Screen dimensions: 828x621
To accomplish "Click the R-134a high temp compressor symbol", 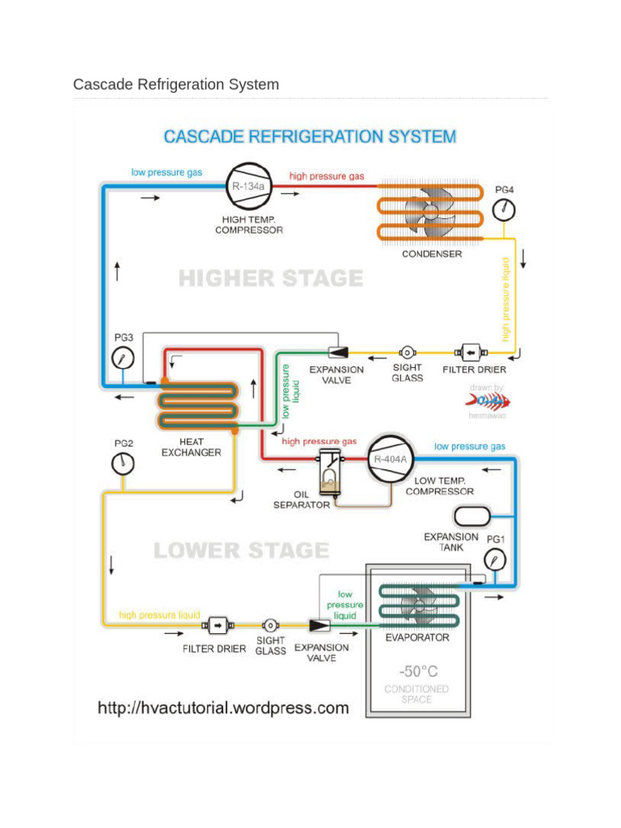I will coord(247,188).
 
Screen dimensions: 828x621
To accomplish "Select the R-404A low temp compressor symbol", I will coord(391,461).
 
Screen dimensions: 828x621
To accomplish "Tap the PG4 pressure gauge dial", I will coord(504,210).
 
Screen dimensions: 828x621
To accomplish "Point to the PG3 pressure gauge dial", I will coord(123,356).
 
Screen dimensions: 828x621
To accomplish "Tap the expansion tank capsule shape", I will coord(472,516).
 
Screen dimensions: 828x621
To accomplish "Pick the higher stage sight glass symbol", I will coord(408,353).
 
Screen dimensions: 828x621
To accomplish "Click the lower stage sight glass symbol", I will coord(271,625).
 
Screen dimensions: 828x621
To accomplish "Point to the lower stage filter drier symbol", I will coord(216,625).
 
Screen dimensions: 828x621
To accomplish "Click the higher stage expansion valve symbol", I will coord(337,353).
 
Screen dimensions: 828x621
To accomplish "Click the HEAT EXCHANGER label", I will coord(191,447).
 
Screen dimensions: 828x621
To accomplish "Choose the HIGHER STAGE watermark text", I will coord(271,279).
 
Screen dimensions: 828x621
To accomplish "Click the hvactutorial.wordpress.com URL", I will coord(223,708).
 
